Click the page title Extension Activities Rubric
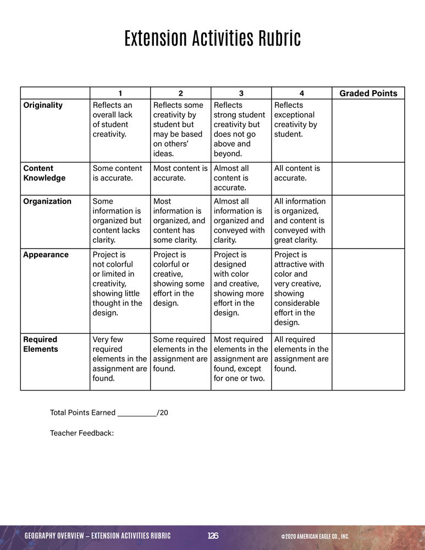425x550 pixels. (x=212, y=40)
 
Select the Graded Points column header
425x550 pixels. (x=368, y=93)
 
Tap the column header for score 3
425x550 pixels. (x=241, y=93)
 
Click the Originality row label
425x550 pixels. (x=43, y=105)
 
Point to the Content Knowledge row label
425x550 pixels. (x=44, y=173)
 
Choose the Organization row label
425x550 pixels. (x=47, y=201)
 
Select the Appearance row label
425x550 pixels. (x=46, y=255)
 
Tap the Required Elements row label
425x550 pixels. (x=41, y=344)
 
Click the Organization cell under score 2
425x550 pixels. (x=179, y=221)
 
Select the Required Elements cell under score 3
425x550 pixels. (x=240, y=359)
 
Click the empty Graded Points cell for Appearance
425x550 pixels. (x=368, y=290)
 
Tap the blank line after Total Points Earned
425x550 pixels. (x=137, y=413)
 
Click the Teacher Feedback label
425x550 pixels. (x=82, y=433)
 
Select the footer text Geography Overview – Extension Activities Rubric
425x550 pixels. (x=98, y=536)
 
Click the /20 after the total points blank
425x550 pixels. (x=162, y=413)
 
